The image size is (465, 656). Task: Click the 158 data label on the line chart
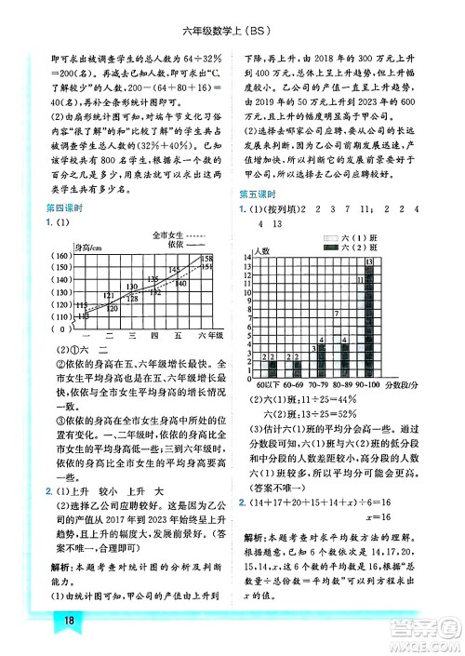[207, 258]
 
